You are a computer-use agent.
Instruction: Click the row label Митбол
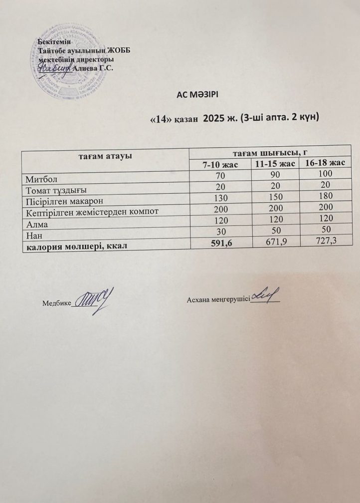40,177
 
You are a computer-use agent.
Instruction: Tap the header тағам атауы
105,157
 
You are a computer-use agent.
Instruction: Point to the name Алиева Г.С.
93,68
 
